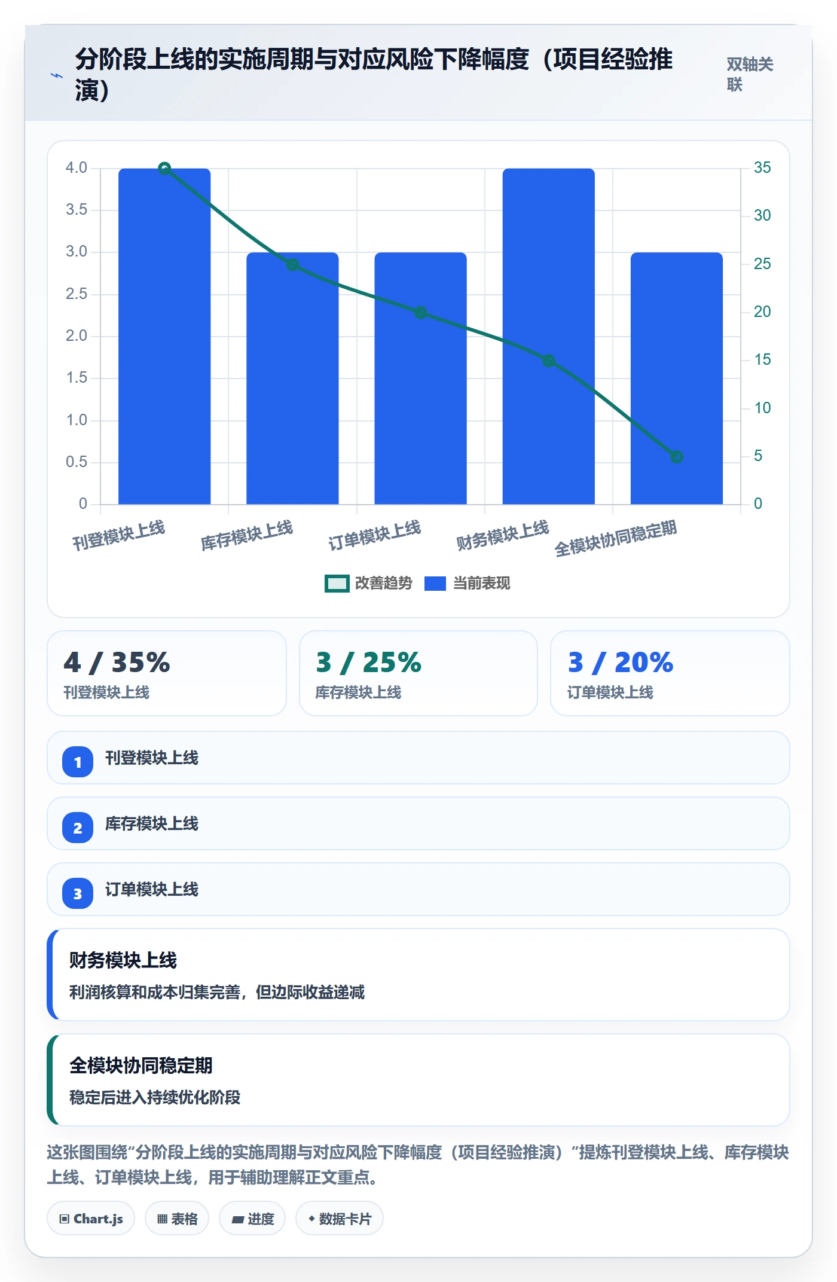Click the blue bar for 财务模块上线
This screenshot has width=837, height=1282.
pyautogui.click(x=548, y=336)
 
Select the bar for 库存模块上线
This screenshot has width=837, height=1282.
pyautogui.click(x=292, y=378)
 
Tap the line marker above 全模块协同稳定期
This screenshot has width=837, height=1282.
pyautogui.click(x=677, y=457)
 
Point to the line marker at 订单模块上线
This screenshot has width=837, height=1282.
pyautogui.click(x=420, y=313)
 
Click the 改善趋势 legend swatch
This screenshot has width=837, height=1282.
pyautogui.click(x=337, y=584)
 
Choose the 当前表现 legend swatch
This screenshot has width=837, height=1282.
pyautogui.click(x=435, y=584)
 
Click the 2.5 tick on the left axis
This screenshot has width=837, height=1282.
pyautogui.click(x=77, y=294)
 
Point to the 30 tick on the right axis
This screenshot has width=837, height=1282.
pyautogui.click(x=762, y=215)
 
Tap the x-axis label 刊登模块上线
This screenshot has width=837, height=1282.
pyautogui.click(x=118, y=535)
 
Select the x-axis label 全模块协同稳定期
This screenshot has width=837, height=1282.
pyautogui.click(x=615, y=538)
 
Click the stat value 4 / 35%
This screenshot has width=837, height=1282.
pyautogui.click(x=117, y=663)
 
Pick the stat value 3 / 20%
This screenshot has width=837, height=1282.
pyautogui.click(x=621, y=663)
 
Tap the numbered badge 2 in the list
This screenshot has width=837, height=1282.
pyautogui.click(x=78, y=828)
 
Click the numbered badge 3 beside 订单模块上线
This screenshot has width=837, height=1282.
pyautogui.click(x=78, y=894)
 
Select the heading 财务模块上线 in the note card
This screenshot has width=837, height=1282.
pyautogui.click(x=123, y=960)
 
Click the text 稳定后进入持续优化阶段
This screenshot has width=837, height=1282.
pyautogui.click(x=155, y=1097)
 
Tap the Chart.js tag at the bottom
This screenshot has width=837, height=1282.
pyautogui.click(x=91, y=1219)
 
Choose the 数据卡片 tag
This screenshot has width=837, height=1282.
pyautogui.click(x=340, y=1219)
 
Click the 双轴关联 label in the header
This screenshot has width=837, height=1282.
pyautogui.click(x=750, y=74)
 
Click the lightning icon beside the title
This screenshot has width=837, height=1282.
pyautogui.click(x=57, y=76)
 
